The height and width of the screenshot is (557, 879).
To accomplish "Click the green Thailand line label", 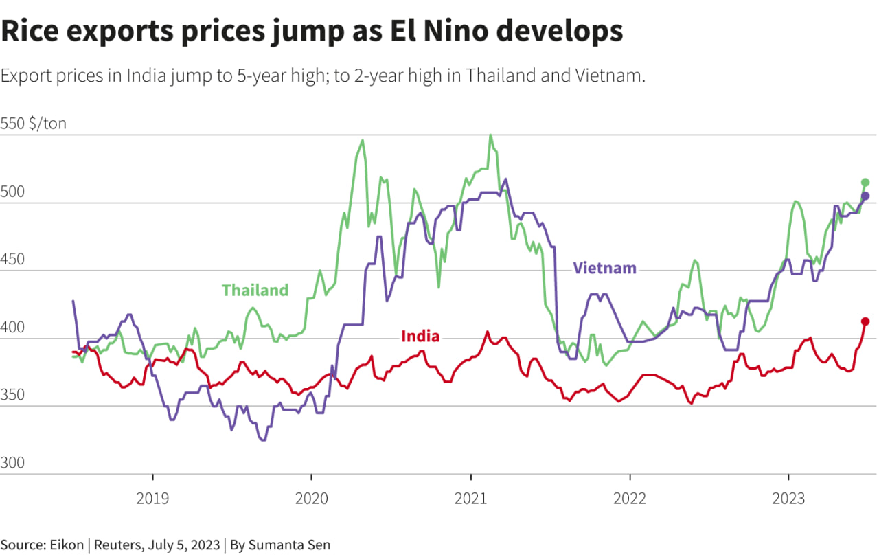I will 255,291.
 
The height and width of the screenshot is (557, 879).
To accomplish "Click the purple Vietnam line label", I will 604,268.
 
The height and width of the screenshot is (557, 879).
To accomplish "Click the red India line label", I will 420,337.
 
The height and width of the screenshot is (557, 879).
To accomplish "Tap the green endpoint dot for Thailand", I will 865,183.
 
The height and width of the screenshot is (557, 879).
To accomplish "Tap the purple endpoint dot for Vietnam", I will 865,196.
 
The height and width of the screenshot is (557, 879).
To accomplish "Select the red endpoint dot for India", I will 865,321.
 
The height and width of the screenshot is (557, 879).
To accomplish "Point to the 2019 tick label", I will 152,499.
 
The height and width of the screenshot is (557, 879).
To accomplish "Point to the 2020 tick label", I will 312,499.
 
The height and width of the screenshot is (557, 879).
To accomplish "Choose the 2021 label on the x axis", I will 471,499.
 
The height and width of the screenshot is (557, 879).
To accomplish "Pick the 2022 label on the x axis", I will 630,499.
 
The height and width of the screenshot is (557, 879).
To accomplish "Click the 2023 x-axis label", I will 788,499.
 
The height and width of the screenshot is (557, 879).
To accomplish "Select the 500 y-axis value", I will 12,192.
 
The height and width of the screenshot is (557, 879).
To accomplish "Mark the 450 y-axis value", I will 12,260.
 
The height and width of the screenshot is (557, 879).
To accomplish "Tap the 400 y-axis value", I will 12,328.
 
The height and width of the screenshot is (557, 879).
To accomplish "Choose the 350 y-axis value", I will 12,396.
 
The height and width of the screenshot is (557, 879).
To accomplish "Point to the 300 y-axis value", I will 12,463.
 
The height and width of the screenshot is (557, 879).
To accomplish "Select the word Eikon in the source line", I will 67,545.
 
